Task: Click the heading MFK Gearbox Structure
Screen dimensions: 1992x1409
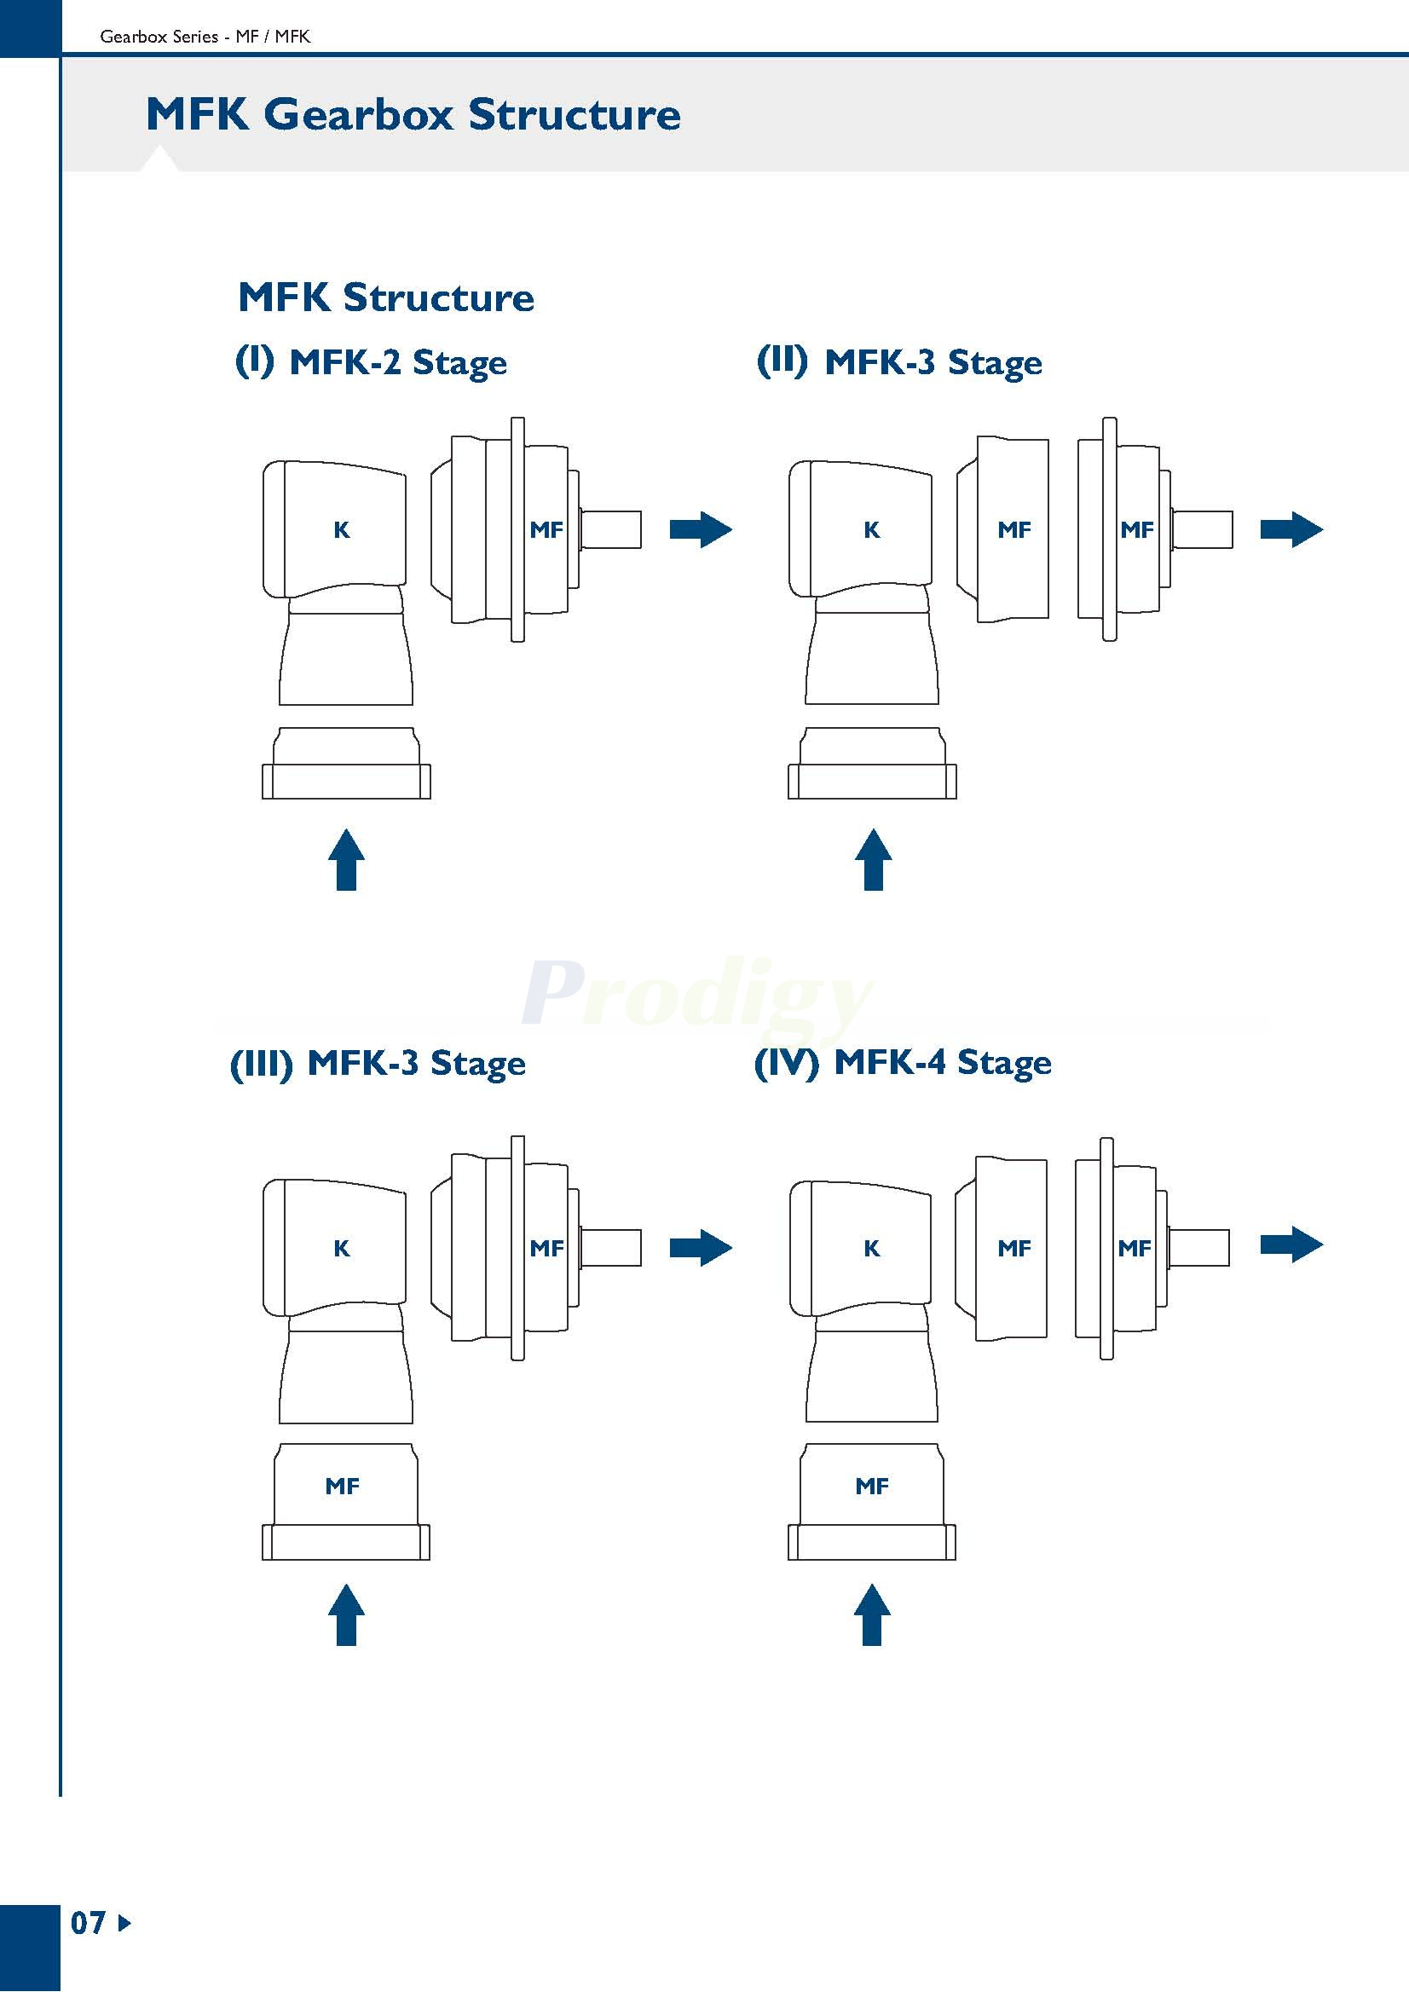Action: (413, 114)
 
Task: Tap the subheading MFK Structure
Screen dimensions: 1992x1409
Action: (385, 297)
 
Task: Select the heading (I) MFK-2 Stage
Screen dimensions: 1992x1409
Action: (371, 361)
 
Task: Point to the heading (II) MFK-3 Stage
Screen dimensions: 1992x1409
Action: (898, 361)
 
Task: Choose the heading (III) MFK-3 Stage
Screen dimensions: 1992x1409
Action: (378, 1063)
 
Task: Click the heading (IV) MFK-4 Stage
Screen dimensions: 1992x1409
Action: (903, 1062)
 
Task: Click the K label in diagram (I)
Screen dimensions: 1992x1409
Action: (342, 530)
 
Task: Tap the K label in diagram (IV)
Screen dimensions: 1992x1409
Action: (872, 1249)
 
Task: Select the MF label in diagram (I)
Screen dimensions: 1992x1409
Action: (546, 530)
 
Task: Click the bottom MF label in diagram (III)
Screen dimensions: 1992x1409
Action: (342, 1487)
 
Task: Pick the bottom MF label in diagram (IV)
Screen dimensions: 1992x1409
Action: (872, 1487)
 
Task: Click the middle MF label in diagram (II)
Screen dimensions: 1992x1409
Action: (1014, 530)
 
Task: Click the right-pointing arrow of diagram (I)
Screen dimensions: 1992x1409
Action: (700, 529)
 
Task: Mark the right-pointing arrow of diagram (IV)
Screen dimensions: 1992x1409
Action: (1291, 1245)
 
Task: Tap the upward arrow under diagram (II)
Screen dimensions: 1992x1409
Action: (873, 859)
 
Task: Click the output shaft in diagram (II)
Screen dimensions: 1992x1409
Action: (1202, 529)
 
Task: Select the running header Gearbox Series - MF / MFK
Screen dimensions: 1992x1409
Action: (205, 37)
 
